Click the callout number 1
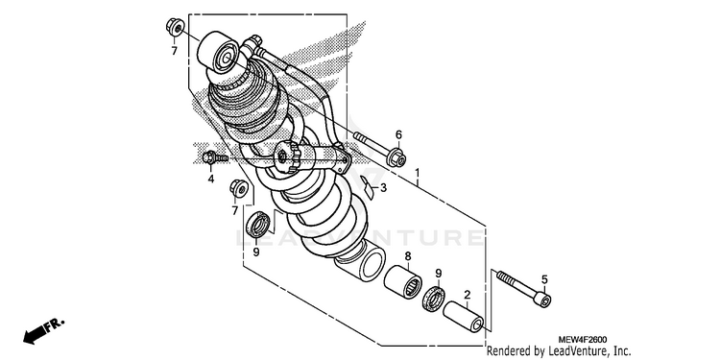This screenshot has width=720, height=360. [418, 173]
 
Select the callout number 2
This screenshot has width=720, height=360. [467, 295]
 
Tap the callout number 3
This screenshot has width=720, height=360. [383, 187]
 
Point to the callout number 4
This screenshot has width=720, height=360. [211, 180]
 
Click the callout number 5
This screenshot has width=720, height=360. [544, 279]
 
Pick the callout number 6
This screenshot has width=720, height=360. [398, 134]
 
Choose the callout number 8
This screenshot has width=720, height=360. [408, 256]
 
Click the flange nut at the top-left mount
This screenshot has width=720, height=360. [175, 26]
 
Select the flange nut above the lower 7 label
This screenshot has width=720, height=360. [239, 188]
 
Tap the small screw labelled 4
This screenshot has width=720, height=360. [215, 157]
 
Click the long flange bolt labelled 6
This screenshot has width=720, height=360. [380, 148]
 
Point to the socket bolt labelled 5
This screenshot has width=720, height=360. [523, 288]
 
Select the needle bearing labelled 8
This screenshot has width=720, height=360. [403, 280]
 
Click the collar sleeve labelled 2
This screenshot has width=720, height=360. [464, 316]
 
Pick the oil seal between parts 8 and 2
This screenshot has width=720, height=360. [434, 298]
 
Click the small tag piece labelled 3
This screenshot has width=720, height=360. [368, 186]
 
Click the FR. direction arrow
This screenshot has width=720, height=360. [44, 330]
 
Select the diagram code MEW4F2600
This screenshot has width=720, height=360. [583, 340]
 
